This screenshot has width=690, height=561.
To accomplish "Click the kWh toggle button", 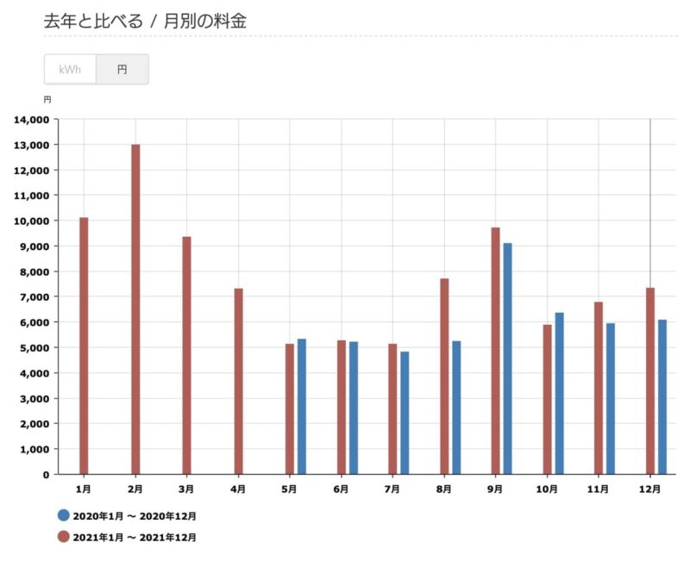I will [70, 70].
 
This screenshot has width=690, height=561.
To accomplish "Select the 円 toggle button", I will [122, 70].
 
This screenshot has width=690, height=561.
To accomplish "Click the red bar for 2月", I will [135, 309].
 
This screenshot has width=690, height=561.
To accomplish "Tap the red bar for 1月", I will [84, 346].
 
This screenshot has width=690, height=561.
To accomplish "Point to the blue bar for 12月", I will [662, 396].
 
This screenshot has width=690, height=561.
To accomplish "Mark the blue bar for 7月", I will [405, 413].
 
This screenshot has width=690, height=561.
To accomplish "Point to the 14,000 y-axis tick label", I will [31, 119].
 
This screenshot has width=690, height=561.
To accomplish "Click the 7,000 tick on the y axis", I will [34, 296].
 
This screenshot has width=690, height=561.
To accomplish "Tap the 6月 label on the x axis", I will [341, 489].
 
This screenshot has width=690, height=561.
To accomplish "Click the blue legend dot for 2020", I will [63, 516].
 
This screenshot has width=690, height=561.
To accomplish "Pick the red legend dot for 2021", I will [63, 537].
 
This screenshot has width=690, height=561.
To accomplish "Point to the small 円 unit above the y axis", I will [47, 100].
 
